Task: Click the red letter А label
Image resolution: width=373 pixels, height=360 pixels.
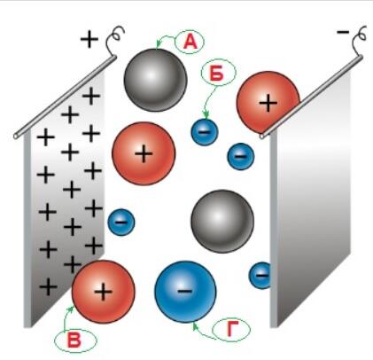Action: [190, 43]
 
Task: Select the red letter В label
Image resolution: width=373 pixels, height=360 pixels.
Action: [74, 340]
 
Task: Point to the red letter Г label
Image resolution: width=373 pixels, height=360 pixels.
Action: [232, 329]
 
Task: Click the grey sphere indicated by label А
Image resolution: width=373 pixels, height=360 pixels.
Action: [155, 80]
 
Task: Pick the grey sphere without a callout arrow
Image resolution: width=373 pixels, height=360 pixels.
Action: [222, 221]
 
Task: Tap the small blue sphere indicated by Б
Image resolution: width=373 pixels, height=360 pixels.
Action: [205, 132]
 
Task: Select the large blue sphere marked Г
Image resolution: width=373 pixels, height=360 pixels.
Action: [185, 292]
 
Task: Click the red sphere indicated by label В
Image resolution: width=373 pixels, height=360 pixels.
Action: [104, 292]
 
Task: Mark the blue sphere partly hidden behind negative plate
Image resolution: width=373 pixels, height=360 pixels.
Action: [260, 276]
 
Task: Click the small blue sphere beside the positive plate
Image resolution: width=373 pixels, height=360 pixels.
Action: [121, 222]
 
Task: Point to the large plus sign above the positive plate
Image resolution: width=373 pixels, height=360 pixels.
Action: [89, 39]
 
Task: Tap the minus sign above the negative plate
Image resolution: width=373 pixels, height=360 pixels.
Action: [343, 32]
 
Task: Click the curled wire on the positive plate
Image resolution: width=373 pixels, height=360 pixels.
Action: [114, 38]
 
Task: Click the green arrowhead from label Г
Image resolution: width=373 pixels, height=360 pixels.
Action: [194, 326]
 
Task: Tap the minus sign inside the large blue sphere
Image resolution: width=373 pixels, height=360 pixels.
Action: [185, 291]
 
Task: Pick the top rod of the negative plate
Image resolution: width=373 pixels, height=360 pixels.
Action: [311, 97]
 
